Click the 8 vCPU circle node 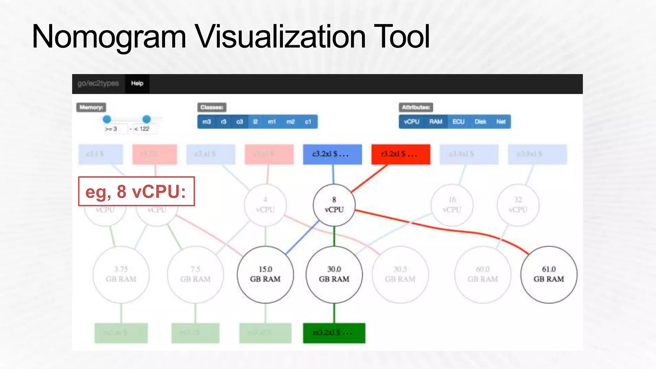(334, 205)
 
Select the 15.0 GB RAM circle (265, 275)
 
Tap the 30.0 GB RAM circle (334, 275)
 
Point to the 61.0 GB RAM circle (549, 275)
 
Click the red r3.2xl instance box (401, 154)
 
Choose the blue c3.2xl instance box (332, 154)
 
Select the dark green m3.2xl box (334, 333)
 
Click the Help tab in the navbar (137, 84)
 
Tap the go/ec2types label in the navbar (98, 84)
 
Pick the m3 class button (207, 122)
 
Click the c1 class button (308, 122)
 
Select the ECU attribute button (458, 122)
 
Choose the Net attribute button (501, 122)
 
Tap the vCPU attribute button (412, 122)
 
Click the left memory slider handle (107, 119)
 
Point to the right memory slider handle (146, 119)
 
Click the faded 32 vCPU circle (518, 205)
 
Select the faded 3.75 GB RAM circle (121, 275)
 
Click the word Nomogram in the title (109, 37)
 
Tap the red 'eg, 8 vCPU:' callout (136, 192)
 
